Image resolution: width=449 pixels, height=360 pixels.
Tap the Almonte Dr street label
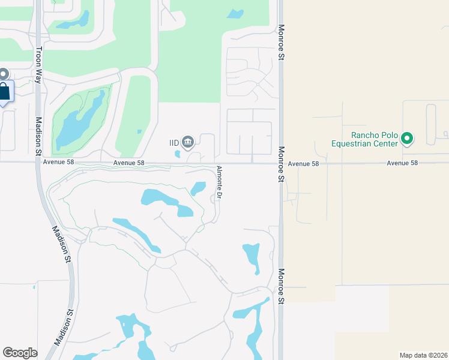coord(219,182)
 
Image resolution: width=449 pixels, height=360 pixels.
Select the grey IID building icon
coord(188,142)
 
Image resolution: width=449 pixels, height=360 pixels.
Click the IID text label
coord(174,143)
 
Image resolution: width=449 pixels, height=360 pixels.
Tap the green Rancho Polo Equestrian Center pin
coord(407,139)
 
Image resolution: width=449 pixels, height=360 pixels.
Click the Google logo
coord(20,353)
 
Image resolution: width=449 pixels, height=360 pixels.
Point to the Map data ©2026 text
coord(423,355)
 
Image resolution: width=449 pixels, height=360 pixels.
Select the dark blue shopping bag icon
coord(4,92)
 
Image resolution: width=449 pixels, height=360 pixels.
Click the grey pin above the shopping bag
coord(3,74)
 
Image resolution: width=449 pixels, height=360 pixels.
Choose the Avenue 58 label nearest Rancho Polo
coord(402,163)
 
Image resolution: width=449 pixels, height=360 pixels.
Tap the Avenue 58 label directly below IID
coord(129,163)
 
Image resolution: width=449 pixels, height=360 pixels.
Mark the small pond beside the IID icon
coord(177,154)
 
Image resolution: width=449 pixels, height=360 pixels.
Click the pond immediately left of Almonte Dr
coord(198,188)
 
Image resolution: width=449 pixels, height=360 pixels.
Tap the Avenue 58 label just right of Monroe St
coord(303,163)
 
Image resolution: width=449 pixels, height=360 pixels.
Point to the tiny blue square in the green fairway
coord(139,131)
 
